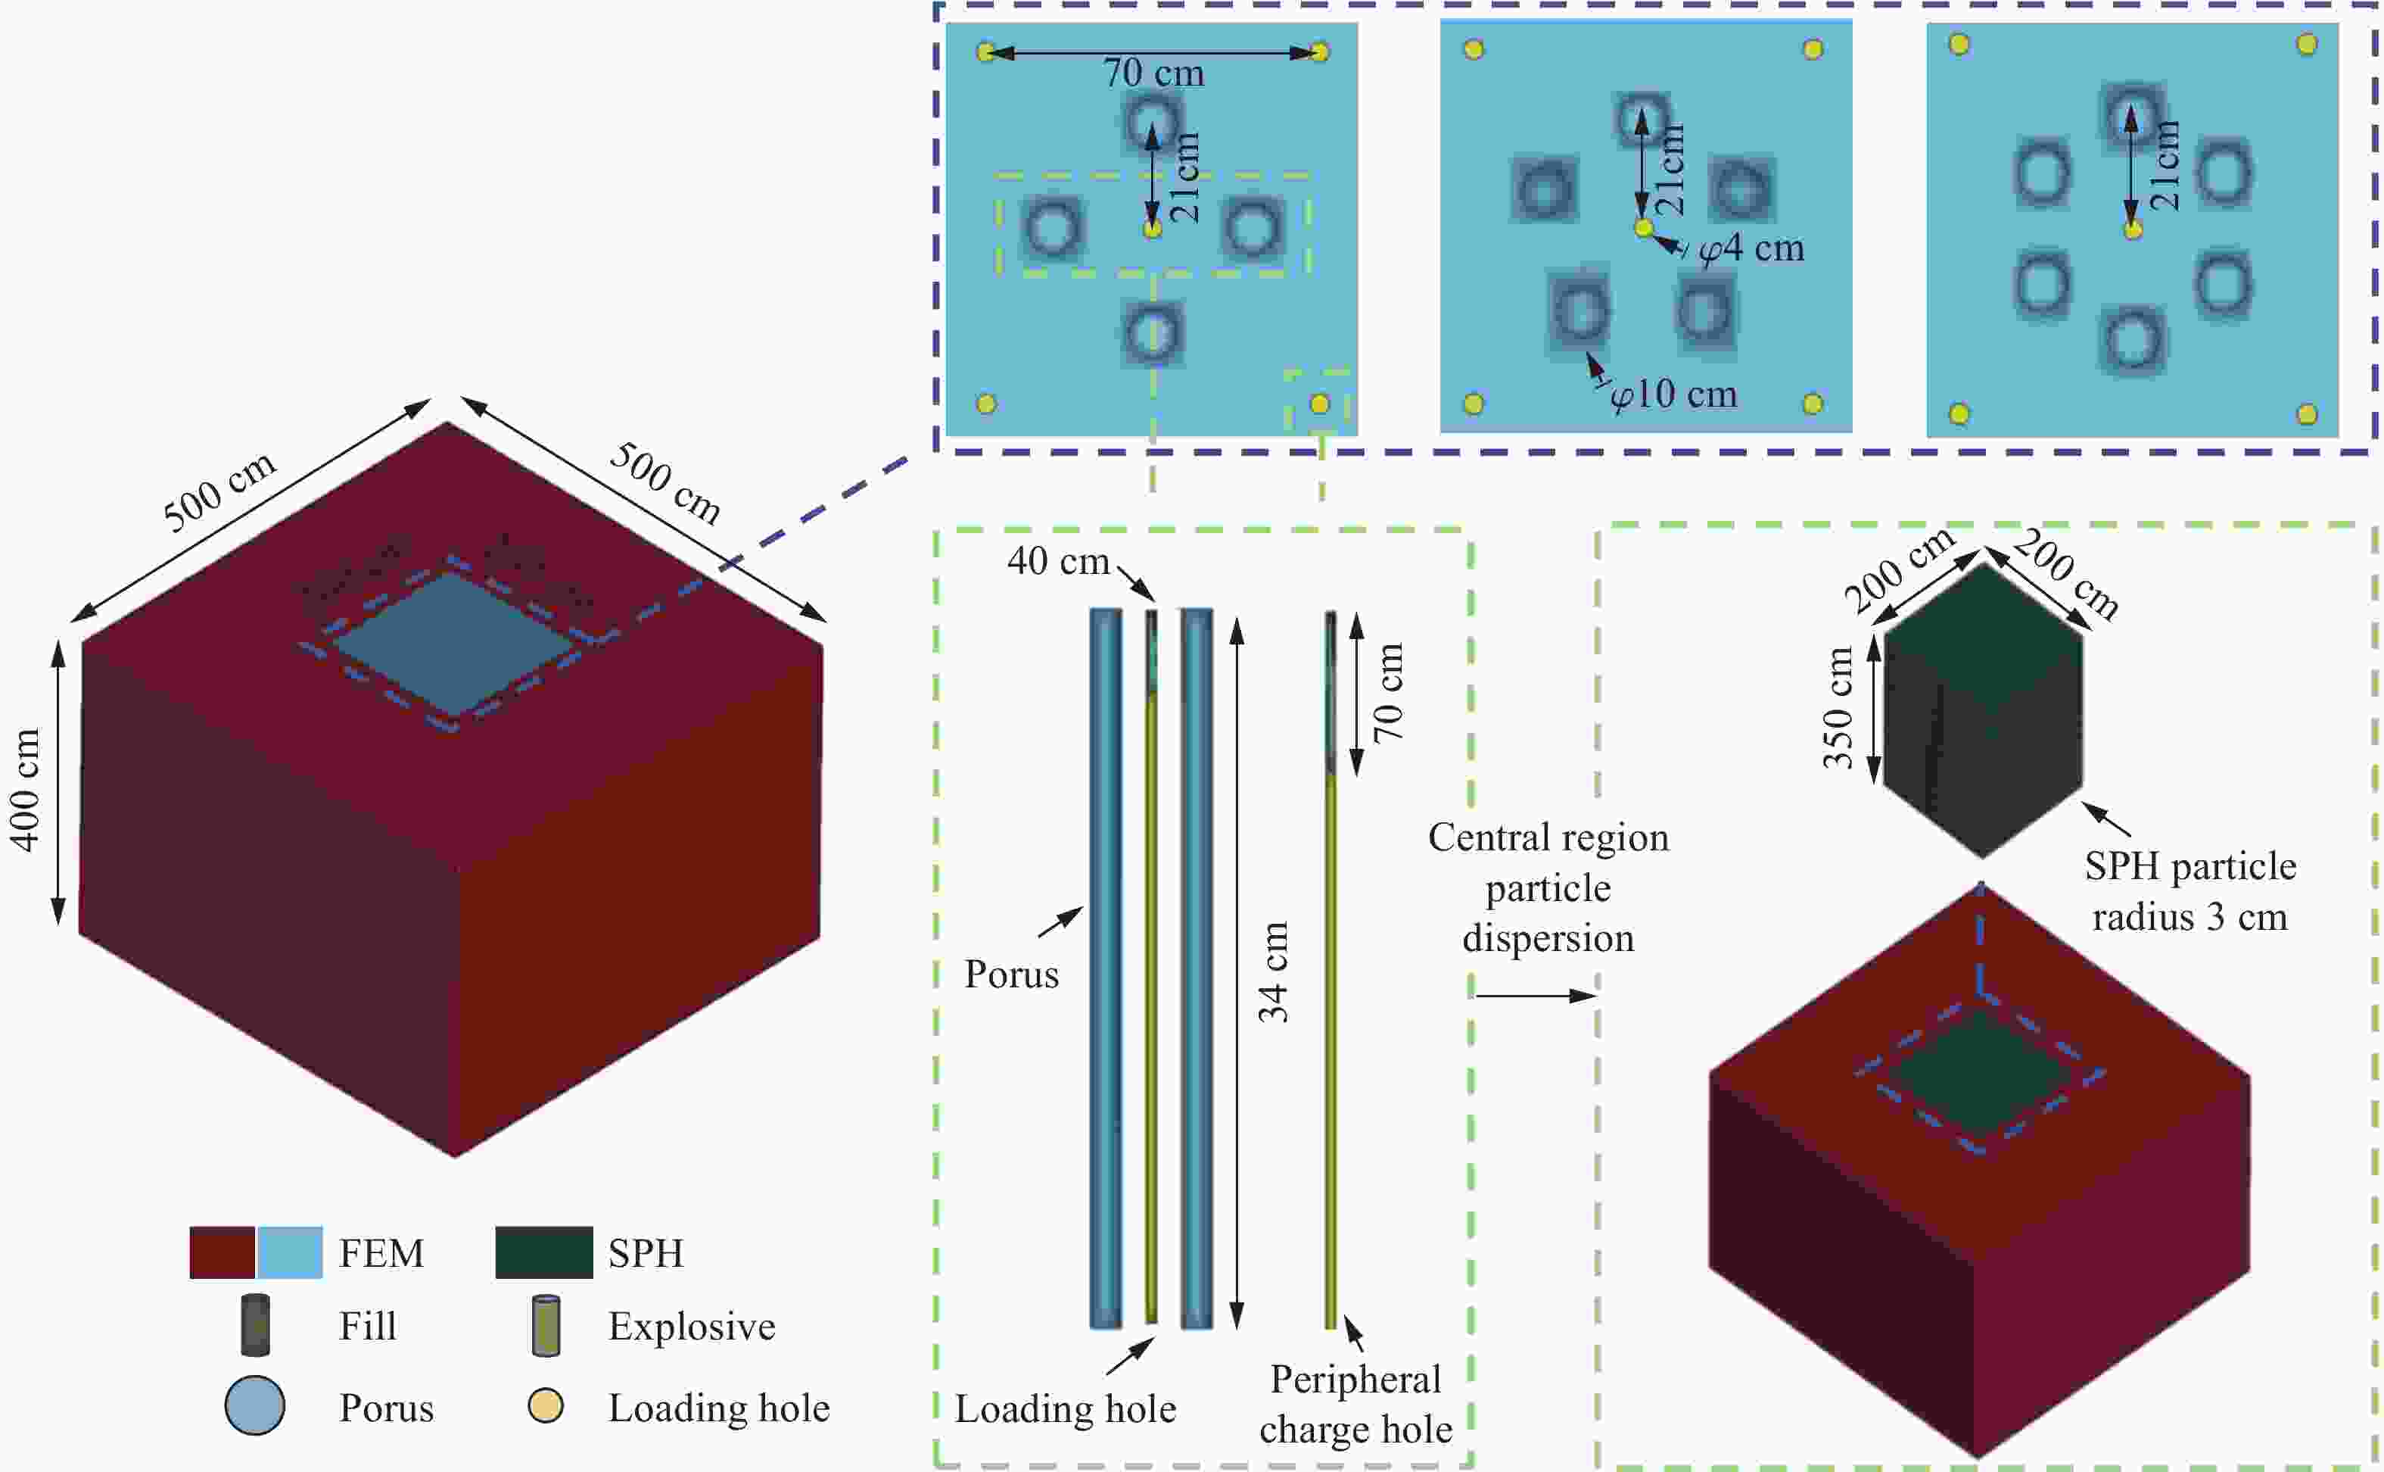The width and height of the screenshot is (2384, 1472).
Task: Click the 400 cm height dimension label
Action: (26, 790)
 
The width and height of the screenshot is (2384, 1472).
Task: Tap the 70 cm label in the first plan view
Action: (1153, 73)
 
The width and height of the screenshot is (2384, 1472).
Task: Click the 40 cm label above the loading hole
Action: (1058, 561)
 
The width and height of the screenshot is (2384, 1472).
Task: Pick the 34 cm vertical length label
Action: (1274, 971)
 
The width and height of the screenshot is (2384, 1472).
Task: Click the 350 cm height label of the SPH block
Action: (1837, 708)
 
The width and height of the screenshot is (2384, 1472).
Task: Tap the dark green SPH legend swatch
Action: (544, 1252)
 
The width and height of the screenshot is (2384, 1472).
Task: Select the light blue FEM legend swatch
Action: (290, 1252)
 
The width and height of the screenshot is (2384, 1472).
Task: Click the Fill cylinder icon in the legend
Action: (255, 1325)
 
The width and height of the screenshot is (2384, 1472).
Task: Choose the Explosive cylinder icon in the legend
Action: (547, 1325)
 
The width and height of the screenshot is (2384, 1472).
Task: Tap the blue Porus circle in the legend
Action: (255, 1406)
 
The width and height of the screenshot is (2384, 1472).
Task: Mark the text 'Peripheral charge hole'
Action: (1355, 1405)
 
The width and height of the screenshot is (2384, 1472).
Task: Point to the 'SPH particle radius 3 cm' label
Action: (2190, 890)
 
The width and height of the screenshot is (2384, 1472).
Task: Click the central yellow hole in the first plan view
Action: (1152, 229)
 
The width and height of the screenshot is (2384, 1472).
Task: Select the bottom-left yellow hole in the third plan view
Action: (1959, 413)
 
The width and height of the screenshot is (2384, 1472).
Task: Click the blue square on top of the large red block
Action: (454, 644)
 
